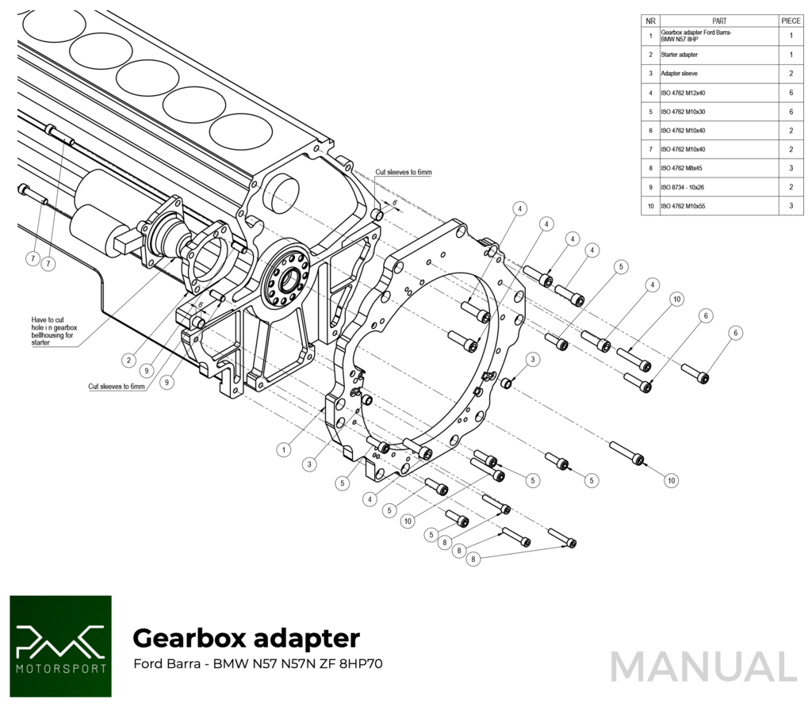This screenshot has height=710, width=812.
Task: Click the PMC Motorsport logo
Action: point(60,647)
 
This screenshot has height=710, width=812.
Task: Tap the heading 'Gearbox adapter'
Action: point(246,638)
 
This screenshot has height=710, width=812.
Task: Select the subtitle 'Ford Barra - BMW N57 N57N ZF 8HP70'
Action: point(257,664)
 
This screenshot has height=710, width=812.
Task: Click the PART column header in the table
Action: point(718,21)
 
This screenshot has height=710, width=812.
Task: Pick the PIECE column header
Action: point(791,21)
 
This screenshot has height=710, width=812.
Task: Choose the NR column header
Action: point(650,21)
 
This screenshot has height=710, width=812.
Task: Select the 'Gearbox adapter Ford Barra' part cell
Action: point(696,36)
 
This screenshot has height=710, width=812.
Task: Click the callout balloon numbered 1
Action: point(283,449)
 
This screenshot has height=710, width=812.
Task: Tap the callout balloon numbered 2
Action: point(128,360)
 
